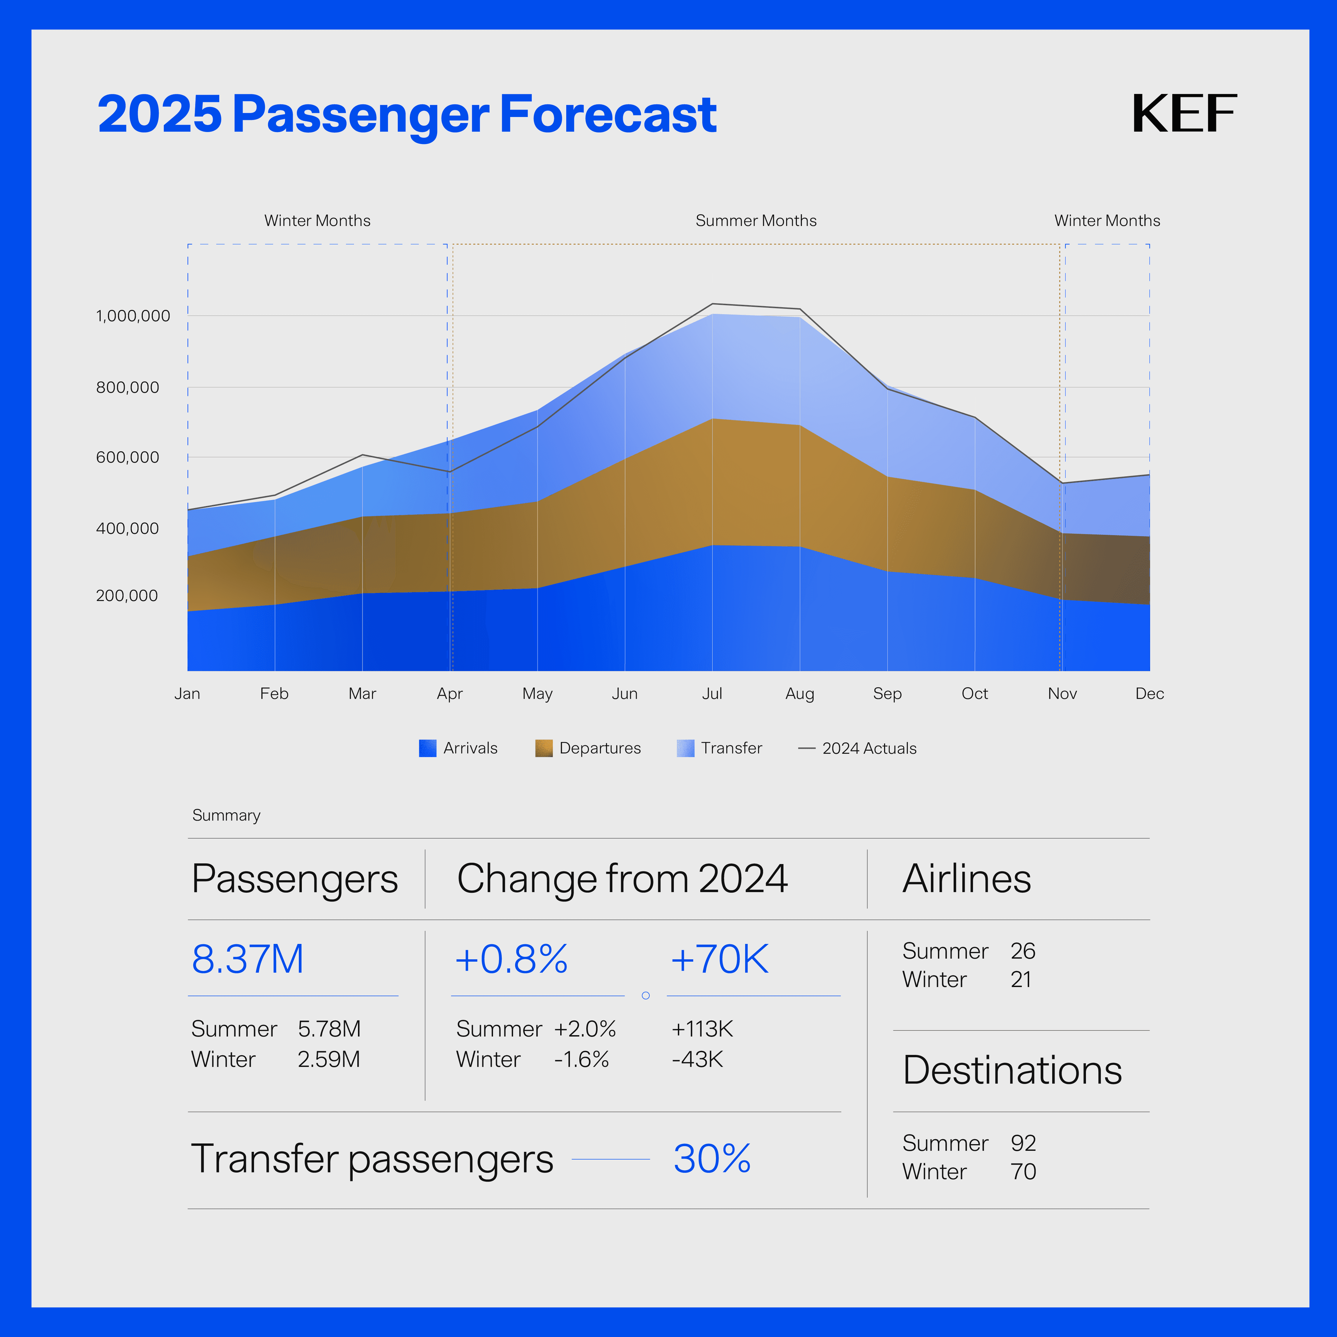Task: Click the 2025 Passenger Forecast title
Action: tap(407, 115)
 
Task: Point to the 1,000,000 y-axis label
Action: tap(133, 316)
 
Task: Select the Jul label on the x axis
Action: tap(712, 694)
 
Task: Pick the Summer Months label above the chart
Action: tap(756, 221)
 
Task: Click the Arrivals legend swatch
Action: tap(428, 748)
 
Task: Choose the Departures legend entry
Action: tap(599, 748)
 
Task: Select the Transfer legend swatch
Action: tap(685, 748)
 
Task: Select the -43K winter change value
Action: tap(697, 1060)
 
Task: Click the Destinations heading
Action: tap(1012, 1071)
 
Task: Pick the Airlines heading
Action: tap(966, 879)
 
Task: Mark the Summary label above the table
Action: tap(226, 815)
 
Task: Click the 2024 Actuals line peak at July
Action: tap(713, 304)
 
